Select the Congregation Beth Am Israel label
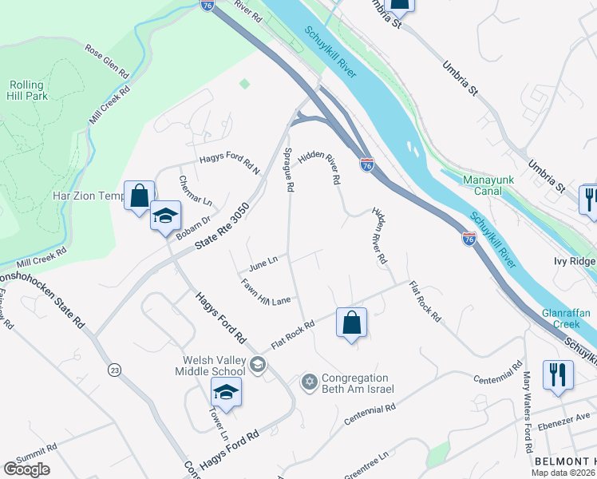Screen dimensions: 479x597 [356, 383]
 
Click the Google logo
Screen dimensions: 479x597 [26, 469]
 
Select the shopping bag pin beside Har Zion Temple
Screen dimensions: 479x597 [139, 196]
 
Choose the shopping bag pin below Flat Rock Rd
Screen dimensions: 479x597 [351, 323]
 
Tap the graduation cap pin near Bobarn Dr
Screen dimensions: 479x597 [166, 216]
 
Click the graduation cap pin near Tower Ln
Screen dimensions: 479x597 [227, 393]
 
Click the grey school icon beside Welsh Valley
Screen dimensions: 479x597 [258, 365]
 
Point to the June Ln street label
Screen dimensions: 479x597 [263, 261]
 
